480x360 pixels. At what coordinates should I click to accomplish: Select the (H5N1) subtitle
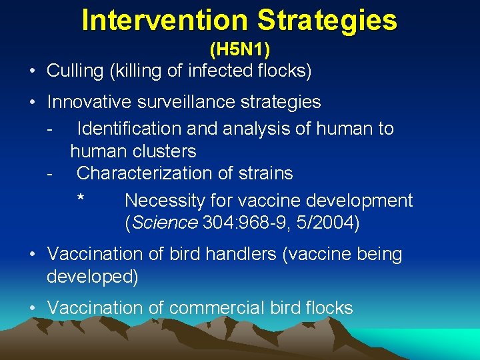click(x=240, y=49)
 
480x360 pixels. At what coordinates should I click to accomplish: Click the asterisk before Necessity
click(x=81, y=200)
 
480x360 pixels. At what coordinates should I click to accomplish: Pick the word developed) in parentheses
click(x=92, y=277)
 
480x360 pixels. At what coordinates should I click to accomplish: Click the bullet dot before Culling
click(x=33, y=71)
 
